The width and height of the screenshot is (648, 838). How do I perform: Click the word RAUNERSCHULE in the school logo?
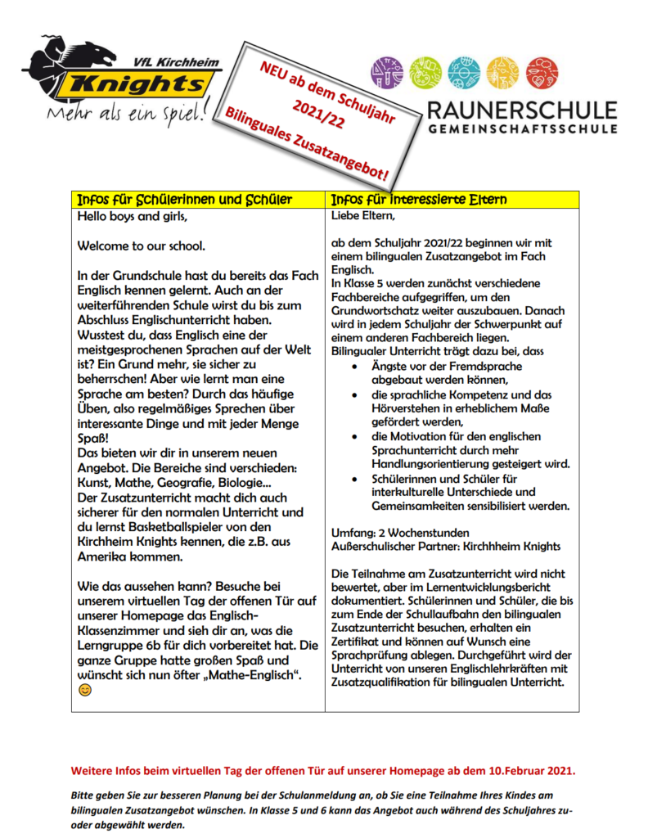(x=521, y=110)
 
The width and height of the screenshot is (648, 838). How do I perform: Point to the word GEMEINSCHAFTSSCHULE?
(x=521, y=128)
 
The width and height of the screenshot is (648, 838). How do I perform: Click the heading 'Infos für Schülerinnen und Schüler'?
(x=184, y=200)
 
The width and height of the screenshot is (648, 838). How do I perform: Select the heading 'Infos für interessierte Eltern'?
(x=418, y=200)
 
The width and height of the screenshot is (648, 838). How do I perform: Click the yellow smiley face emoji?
(x=84, y=691)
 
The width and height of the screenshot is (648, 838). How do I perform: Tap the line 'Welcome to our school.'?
(x=142, y=246)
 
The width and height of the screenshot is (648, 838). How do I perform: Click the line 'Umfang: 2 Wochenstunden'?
(x=400, y=532)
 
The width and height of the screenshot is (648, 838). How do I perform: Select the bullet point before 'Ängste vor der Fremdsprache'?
(x=353, y=365)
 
